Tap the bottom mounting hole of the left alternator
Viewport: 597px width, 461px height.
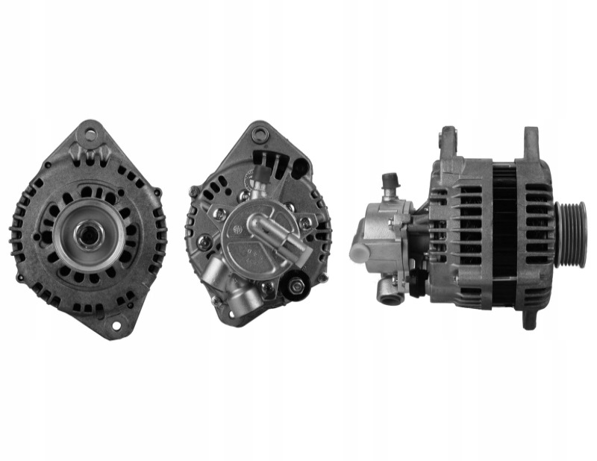(x=116, y=325)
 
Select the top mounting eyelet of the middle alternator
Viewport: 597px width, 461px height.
(x=259, y=135)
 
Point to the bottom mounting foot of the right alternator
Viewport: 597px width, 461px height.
(x=528, y=319)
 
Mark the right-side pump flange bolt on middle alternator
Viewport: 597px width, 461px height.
(x=306, y=223)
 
